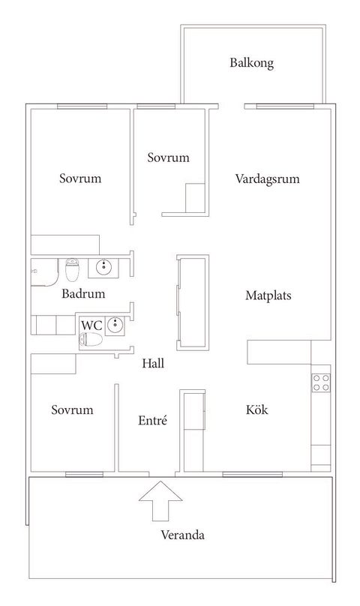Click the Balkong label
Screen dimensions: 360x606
(x=252, y=63)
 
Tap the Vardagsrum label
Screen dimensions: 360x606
(x=267, y=179)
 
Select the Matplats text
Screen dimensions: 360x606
(x=268, y=295)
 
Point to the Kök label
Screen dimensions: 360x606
(x=256, y=409)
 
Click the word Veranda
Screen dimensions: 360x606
(x=182, y=535)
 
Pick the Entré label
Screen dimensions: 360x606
(x=152, y=420)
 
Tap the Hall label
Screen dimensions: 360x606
(x=153, y=363)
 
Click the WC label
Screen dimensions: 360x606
(x=91, y=325)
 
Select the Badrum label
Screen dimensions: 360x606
(x=83, y=294)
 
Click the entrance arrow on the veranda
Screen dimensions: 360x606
(x=160, y=501)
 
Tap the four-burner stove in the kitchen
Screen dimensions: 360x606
(x=321, y=383)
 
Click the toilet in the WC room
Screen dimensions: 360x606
(x=91, y=340)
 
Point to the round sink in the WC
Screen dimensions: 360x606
(x=115, y=325)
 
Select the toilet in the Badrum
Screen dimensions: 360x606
(x=72, y=270)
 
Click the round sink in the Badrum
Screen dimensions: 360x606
(x=103, y=266)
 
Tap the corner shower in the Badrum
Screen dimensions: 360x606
(x=44, y=272)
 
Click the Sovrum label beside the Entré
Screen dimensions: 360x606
(x=72, y=409)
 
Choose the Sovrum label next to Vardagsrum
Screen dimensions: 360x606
(x=168, y=157)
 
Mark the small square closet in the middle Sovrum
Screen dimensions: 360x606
(x=195, y=198)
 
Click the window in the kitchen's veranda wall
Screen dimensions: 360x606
(x=253, y=474)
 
